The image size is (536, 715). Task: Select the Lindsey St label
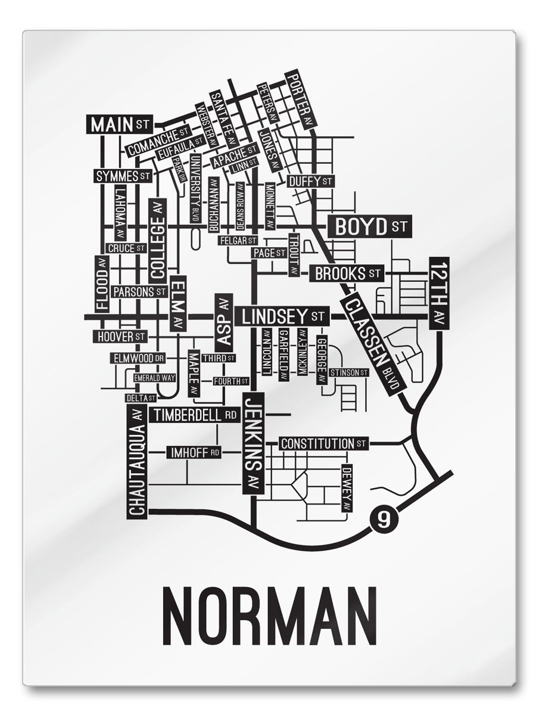282,315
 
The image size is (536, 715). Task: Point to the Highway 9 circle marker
383,519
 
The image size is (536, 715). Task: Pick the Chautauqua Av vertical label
137,461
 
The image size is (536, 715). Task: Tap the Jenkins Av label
253,443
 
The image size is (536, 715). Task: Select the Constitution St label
323,444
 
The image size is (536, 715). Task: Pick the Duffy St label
310,181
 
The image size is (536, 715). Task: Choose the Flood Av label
102,284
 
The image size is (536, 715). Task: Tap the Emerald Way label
154,378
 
